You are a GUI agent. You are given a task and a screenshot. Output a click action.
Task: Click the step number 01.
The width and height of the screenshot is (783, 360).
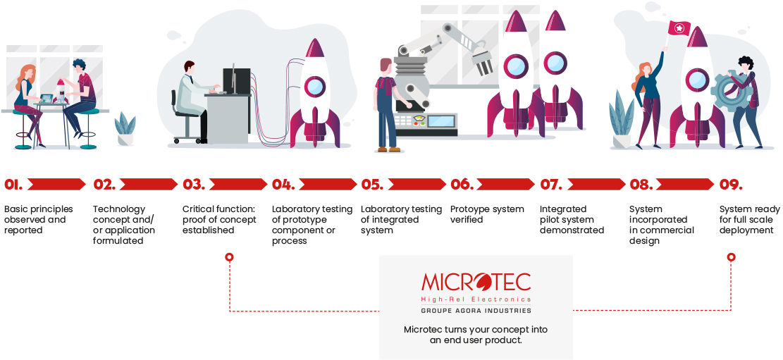[x=13, y=185]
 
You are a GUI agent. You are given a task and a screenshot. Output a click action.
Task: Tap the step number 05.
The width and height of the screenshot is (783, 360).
[x=372, y=185]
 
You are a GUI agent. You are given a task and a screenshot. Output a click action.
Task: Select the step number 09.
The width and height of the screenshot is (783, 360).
[x=731, y=185]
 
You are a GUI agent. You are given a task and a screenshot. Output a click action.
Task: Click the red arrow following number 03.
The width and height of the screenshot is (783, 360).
[x=238, y=185]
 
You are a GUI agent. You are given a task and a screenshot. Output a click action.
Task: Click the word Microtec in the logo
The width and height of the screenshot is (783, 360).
[x=476, y=283]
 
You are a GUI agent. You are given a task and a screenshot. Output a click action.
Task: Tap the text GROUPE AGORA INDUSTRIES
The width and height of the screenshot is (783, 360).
[x=476, y=311]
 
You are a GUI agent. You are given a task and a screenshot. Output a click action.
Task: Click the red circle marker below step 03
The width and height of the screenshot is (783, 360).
[x=229, y=258]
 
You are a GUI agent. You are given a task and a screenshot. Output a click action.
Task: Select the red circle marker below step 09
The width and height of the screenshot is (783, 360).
[x=731, y=258]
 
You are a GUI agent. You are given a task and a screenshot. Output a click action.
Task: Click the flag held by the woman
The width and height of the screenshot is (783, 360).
[x=679, y=29]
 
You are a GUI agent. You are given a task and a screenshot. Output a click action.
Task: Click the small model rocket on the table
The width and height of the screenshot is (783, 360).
[x=61, y=90]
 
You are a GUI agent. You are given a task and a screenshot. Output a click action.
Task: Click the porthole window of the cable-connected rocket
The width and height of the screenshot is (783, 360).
[x=314, y=87]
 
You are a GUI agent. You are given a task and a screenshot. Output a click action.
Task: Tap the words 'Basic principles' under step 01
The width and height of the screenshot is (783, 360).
[x=39, y=209]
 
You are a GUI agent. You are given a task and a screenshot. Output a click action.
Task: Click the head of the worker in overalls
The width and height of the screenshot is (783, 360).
[x=386, y=66]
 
